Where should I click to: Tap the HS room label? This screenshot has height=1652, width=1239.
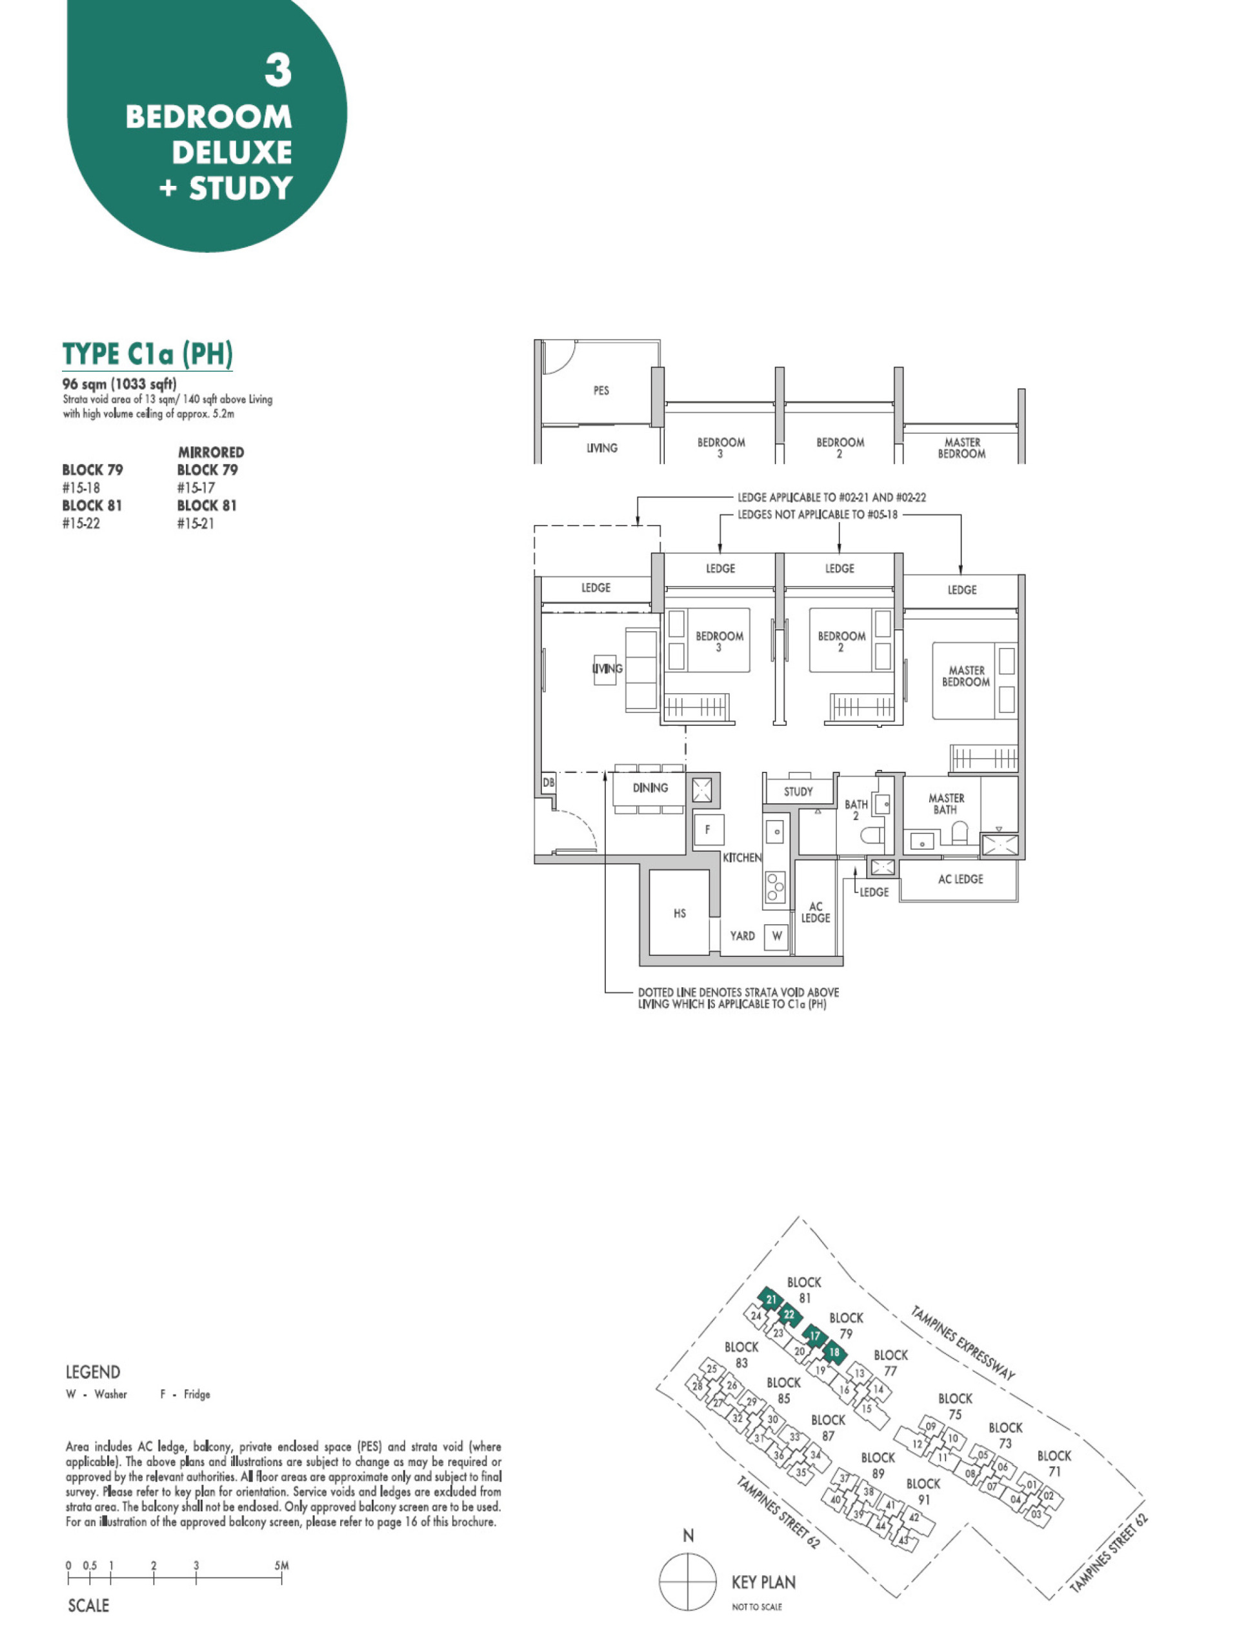[679, 912]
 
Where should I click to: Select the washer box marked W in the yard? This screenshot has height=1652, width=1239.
[777, 936]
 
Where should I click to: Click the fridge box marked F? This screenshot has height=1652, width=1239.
[707, 829]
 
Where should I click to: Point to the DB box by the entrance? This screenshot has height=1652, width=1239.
[548, 783]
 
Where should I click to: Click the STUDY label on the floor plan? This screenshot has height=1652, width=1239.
[798, 792]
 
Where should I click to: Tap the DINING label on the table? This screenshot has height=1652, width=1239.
[650, 788]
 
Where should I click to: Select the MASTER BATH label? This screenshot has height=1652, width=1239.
[945, 803]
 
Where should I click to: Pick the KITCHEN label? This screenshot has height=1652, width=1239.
[741, 858]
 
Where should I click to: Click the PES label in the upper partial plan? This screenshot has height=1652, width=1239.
[600, 390]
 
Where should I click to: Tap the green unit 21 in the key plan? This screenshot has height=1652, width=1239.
[771, 1300]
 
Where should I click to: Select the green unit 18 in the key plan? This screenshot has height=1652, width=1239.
[834, 1352]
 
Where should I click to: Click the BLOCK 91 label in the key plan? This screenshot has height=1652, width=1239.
[923, 1491]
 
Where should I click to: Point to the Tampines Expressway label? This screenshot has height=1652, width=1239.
[963, 1342]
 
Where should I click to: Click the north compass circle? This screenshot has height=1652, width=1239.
[688, 1582]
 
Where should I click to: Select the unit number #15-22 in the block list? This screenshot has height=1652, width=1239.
[81, 523]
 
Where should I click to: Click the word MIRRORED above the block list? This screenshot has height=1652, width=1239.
[210, 452]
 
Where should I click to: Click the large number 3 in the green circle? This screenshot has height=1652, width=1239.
[278, 71]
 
